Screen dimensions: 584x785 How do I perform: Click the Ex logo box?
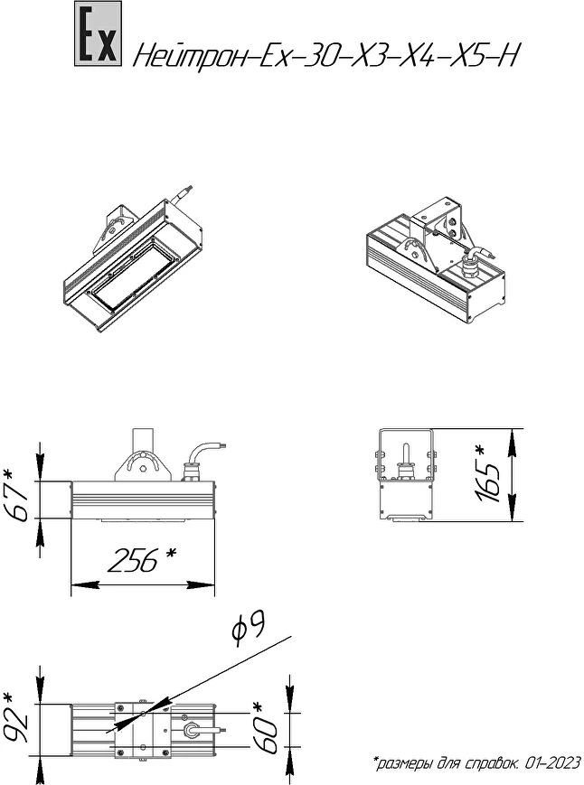(99, 33)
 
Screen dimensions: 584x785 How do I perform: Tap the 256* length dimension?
(143, 559)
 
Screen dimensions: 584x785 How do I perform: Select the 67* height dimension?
(17, 495)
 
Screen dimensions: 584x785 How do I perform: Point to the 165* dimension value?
(486, 474)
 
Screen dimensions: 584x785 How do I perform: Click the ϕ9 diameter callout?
(249, 629)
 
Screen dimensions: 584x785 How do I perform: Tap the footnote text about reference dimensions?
(476, 763)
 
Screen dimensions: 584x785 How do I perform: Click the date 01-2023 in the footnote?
(552, 763)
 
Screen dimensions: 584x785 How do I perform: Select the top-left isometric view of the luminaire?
(133, 259)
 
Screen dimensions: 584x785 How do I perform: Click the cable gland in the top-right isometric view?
(469, 266)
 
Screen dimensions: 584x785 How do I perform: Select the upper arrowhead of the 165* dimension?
(512, 442)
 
